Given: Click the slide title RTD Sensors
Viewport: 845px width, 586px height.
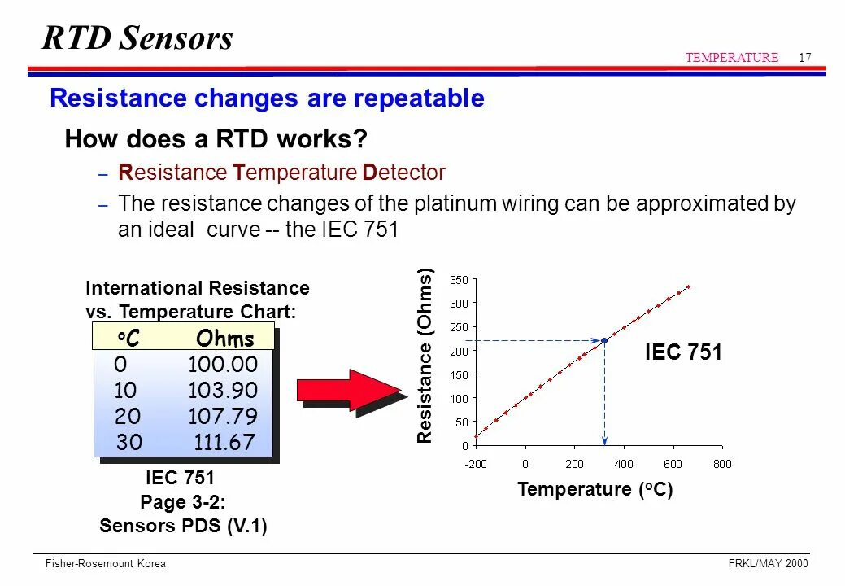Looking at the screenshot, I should [137, 37].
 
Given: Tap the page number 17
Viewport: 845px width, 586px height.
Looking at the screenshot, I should [805, 57].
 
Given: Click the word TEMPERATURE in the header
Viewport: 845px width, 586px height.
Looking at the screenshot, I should [731, 57].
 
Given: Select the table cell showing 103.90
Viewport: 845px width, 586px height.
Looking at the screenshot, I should [222, 391].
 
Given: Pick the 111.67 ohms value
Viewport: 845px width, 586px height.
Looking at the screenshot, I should [224, 443].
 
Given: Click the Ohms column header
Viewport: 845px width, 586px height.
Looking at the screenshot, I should [225, 339].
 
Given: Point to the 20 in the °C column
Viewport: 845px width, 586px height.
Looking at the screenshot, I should [128, 417].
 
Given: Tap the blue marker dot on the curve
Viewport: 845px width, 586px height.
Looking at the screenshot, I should [604, 341].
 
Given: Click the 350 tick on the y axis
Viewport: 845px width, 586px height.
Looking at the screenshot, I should [460, 279].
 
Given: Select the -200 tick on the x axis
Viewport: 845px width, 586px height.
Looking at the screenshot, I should [475, 464].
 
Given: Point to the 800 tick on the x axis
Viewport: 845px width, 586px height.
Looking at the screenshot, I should [722, 464].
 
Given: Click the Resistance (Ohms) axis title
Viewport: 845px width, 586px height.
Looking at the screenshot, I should [425, 356].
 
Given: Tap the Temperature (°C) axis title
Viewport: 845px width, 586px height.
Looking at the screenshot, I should [595, 490].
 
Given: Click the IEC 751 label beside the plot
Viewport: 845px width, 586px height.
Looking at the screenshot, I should [683, 352].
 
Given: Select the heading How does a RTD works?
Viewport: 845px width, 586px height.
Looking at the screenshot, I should [216, 139].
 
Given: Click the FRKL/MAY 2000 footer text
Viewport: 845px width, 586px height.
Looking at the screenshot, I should [767, 564].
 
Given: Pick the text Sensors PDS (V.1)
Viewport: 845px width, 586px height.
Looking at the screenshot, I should [183, 526].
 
